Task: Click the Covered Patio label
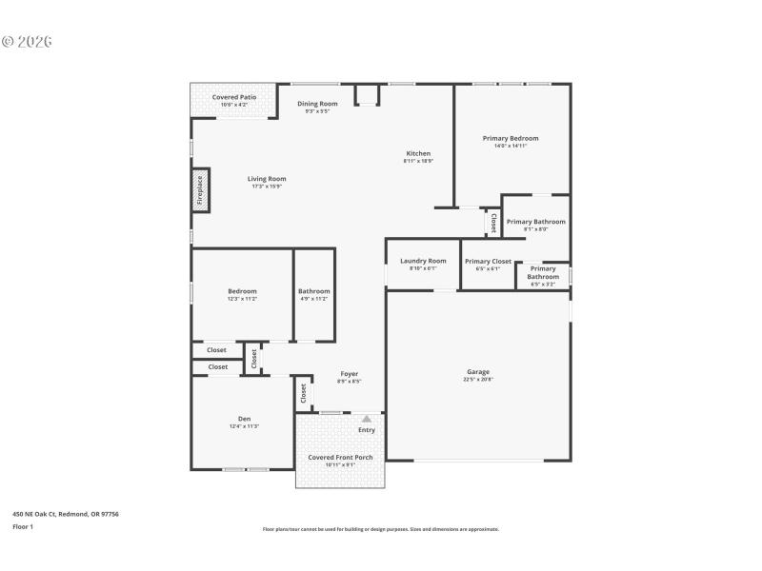click(x=233, y=97)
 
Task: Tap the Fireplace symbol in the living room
click(x=201, y=190)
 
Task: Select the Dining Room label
click(x=317, y=103)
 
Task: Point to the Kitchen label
click(x=418, y=153)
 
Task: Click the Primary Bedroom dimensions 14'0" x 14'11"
click(x=511, y=146)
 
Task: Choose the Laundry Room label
click(x=423, y=261)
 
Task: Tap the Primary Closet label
click(x=488, y=261)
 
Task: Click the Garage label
click(x=478, y=371)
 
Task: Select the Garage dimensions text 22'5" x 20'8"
click(x=478, y=380)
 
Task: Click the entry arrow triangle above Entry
click(x=367, y=418)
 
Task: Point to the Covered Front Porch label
click(x=340, y=457)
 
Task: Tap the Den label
click(x=244, y=419)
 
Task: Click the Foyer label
click(x=349, y=374)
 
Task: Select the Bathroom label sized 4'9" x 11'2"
click(x=313, y=291)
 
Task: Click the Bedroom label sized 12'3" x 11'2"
click(x=242, y=291)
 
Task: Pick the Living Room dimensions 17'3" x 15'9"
click(x=267, y=187)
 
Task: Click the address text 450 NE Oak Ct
click(x=66, y=514)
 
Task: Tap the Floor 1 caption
click(x=23, y=526)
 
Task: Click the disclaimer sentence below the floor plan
click(x=380, y=529)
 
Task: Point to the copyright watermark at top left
click(x=27, y=42)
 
